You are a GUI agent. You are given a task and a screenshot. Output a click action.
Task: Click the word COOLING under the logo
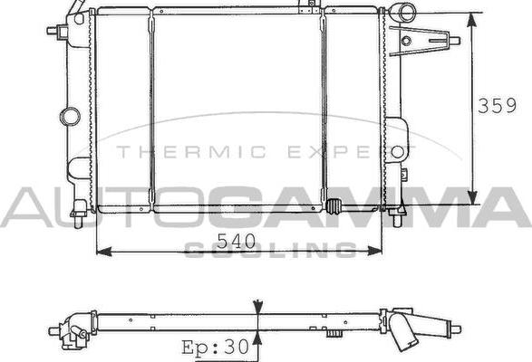(x=269, y=250)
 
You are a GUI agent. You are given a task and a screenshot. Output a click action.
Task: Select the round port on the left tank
(x=70, y=116)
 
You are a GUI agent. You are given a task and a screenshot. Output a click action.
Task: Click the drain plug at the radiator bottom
(x=335, y=205)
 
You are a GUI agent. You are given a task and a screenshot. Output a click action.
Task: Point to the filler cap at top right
(x=403, y=13)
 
